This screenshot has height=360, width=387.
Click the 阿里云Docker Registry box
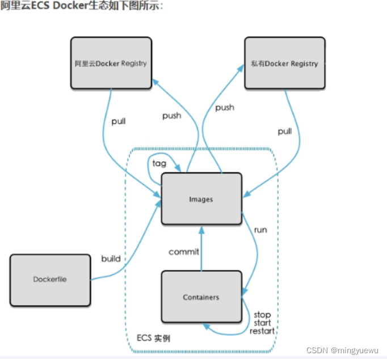pos(111,63)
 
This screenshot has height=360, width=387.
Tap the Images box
pos(201,199)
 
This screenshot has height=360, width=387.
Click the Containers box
pos(201,297)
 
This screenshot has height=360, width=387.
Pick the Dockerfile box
pos(50,279)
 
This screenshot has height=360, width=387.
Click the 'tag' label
pos(159,163)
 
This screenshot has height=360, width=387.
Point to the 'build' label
pos(111,259)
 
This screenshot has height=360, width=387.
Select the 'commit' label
pos(184,252)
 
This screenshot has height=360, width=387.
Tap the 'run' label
pos(260,230)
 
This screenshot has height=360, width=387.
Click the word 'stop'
pos(262,315)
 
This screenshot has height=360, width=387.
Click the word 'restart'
pos(262,331)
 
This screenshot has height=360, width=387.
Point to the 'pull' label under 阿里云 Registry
pos(119,121)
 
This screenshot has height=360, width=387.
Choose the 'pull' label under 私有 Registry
pos(285,132)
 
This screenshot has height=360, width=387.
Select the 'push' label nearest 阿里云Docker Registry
pos(171,116)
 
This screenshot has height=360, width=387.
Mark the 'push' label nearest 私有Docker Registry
pos(225,107)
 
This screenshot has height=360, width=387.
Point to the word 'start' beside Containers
pos(262,323)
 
